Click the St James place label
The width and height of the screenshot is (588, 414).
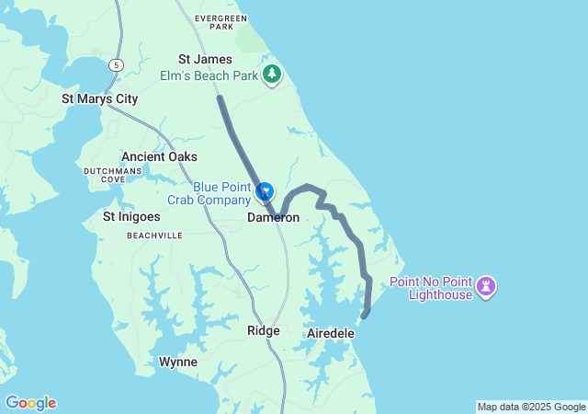coord(198,59)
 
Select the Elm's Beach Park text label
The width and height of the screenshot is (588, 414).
coord(209,75)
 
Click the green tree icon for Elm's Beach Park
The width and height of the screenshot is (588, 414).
coord(271,74)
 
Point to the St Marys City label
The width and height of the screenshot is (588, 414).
coord(99,98)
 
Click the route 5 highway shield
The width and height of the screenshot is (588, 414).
coord(115,64)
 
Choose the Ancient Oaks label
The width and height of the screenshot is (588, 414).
coord(159,156)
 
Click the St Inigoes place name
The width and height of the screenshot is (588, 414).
coord(131,217)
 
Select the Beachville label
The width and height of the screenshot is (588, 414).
coord(154,236)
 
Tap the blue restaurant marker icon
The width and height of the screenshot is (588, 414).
coord(265,191)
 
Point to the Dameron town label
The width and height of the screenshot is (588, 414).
coord(273,218)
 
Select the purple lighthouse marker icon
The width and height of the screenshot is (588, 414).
coord(487,287)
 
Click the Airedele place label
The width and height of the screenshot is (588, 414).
coord(330,332)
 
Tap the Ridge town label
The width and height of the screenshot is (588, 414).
coord(263,330)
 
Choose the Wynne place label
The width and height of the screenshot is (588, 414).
coord(177,362)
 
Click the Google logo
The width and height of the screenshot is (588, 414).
coord(30,403)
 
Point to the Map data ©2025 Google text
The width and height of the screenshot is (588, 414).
coord(531,407)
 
